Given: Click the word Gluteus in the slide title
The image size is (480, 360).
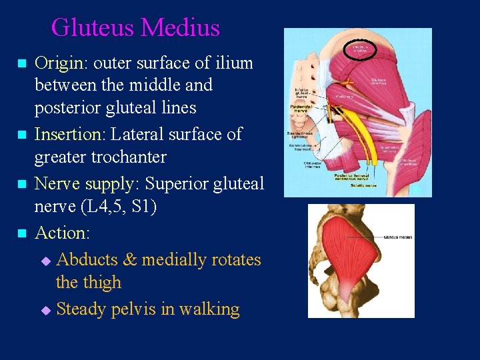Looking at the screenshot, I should (93, 28).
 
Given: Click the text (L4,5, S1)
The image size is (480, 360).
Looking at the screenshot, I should (118, 207).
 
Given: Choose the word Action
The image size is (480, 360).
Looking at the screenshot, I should (61, 233).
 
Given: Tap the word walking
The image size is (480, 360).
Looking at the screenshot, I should (208, 309).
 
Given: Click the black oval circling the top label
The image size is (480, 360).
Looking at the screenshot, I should (360, 49).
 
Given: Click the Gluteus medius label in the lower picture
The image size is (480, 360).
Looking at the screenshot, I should (397, 237).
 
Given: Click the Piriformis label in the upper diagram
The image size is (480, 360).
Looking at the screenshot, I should (344, 96).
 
